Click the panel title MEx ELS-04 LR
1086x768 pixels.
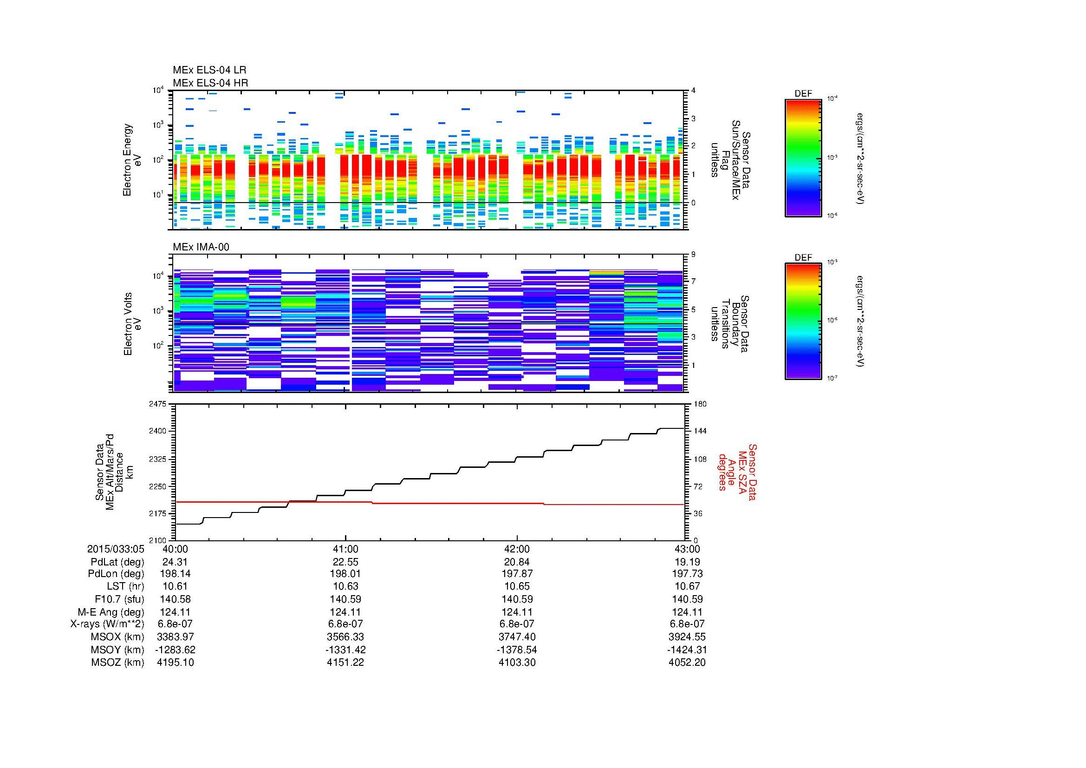click(209, 70)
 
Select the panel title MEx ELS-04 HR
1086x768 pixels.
click(210, 83)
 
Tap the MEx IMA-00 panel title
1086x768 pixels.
click(201, 247)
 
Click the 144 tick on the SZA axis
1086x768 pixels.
click(700, 431)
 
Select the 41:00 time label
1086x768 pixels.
click(346, 549)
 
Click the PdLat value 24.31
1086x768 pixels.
click(175, 562)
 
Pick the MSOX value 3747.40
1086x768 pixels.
click(517, 637)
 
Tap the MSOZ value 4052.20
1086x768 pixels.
click(687, 663)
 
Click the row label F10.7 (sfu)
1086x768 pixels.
click(119, 599)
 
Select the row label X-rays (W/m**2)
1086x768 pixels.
click(107, 624)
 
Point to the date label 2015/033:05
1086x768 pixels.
click(116, 549)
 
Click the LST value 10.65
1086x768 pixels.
click(517, 586)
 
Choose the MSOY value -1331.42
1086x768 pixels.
click(346, 650)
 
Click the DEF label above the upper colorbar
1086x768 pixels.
click(803, 94)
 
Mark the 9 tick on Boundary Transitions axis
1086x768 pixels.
click(693, 255)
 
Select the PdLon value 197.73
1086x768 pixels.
click(687, 574)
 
